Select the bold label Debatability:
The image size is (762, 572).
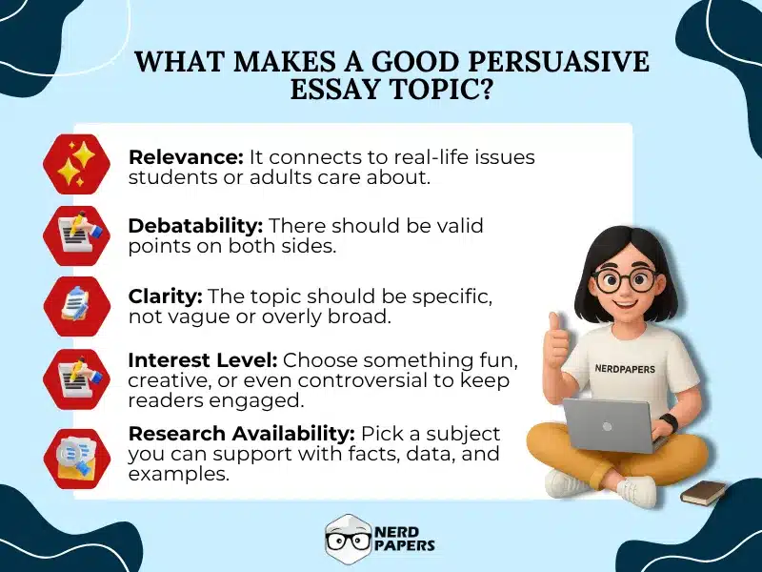(195, 226)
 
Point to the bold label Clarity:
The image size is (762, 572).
(165, 296)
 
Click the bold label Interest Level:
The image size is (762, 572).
(203, 360)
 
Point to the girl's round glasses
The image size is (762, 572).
(625, 280)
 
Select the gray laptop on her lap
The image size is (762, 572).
(610, 424)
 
